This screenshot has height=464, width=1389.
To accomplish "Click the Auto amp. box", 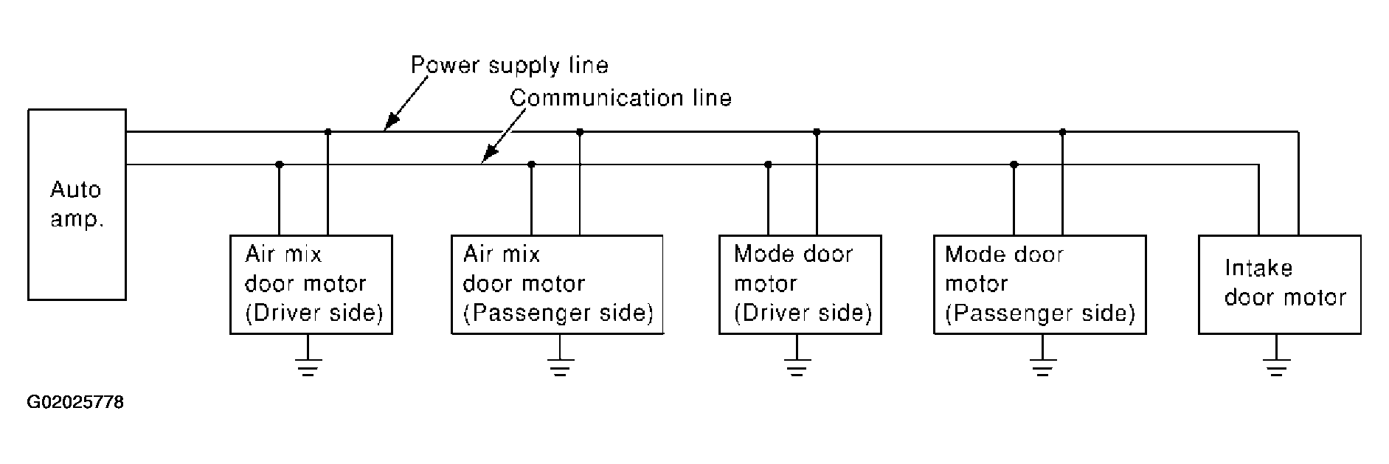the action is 77,204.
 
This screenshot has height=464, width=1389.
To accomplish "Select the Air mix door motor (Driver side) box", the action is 311,285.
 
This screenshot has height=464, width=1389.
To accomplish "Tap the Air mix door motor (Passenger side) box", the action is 557,285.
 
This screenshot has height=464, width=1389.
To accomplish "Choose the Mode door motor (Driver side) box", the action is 800,285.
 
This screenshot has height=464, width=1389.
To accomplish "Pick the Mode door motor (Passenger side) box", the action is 1040,285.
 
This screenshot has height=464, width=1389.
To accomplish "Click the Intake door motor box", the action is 1280,285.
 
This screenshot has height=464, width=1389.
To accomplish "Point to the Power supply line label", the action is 509,66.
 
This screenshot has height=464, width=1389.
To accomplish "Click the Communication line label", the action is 620,98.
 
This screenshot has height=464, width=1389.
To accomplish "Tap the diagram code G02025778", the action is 75,403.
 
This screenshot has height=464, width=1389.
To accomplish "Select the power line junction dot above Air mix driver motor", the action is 328,132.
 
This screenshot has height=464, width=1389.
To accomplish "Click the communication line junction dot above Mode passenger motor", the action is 1014,165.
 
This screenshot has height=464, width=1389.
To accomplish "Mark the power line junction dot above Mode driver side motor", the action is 817,132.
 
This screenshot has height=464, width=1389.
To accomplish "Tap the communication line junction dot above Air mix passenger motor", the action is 532,165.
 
